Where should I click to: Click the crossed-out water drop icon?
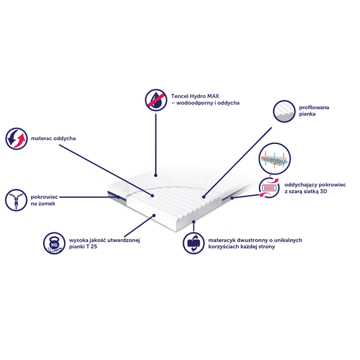(x=156, y=100)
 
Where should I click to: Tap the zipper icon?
(x=16, y=200)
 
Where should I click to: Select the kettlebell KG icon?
(x=54, y=243)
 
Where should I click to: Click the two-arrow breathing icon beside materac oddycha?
(x=16, y=139)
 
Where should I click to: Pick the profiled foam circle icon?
(x=284, y=111)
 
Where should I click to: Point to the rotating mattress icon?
(x=193, y=243)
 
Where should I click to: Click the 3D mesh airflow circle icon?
(x=275, y=159)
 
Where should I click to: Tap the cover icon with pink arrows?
(x=269, y=188)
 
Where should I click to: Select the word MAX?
(x=213, y=96)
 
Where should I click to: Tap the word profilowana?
(x=314, y=107)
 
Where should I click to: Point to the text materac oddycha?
(x=53, y=138)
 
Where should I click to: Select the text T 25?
(x=92, y=246)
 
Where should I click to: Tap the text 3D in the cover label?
(x=323, y=191)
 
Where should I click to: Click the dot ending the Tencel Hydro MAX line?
(x=155, y=176)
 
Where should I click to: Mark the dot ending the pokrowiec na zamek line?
(x=119, y=197)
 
